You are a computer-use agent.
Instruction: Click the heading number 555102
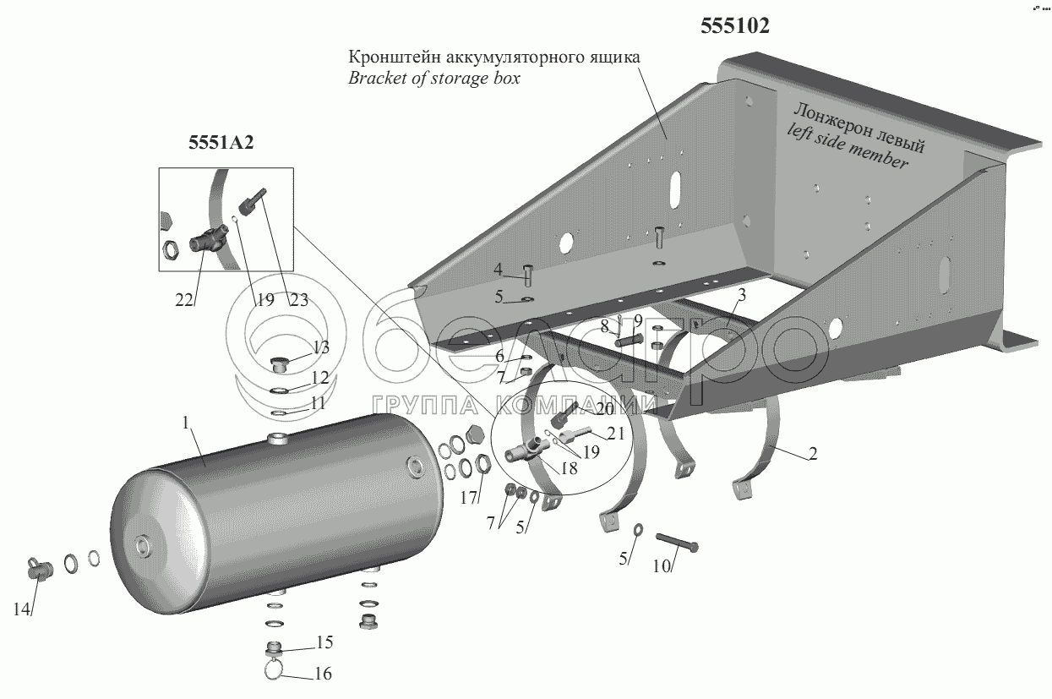click(x=734, y=26)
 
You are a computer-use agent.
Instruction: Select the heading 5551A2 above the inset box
click(x=221, y=143)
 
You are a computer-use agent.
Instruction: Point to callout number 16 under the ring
click(x=322, y=674)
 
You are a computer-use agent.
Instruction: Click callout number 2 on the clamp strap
click(x=812, y=453)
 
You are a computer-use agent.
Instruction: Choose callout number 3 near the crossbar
click(x=740, y=294)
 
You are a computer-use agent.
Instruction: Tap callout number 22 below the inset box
click(x=184, y=298)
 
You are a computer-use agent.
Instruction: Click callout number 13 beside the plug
click(x=319, y=347)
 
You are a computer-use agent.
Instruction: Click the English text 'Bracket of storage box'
click(x=433, y=79)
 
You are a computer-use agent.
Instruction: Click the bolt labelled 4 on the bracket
click(x=528, y=275)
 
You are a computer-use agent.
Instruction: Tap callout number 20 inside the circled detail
click(x=604, y=408)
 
